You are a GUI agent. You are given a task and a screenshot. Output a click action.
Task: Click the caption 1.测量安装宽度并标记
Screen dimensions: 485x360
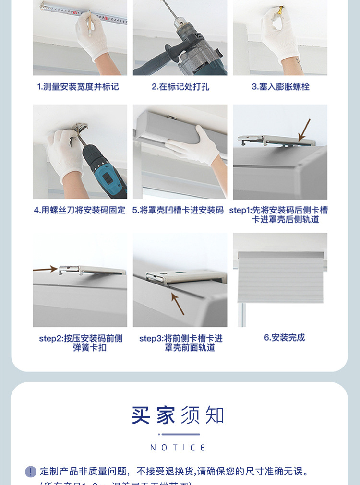click(x=78, y=87)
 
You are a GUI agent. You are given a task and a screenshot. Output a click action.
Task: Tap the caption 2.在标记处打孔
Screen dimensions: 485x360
click(x=180, y=87)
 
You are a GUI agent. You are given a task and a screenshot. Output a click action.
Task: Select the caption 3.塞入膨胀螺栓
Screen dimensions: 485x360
click(x=280, y=87)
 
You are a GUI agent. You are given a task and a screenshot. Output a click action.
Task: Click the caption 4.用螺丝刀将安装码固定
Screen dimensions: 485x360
click(x=80, y=210)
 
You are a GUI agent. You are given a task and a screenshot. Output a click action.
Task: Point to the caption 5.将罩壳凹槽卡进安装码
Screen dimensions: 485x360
click(x=178, y=210)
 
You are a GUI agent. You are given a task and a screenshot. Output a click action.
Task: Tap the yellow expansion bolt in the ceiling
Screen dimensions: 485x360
click(x=281, y=9)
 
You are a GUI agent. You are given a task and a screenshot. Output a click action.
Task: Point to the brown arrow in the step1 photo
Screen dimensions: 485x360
click(x=304, y=130)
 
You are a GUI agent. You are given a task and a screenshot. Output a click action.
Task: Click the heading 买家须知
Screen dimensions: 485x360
click(x=178, y=415)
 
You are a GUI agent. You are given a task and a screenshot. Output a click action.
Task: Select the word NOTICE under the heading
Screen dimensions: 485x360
click(x=178, y=448)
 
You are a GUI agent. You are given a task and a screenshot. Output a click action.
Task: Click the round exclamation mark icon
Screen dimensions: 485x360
click(x=31, y=472)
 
